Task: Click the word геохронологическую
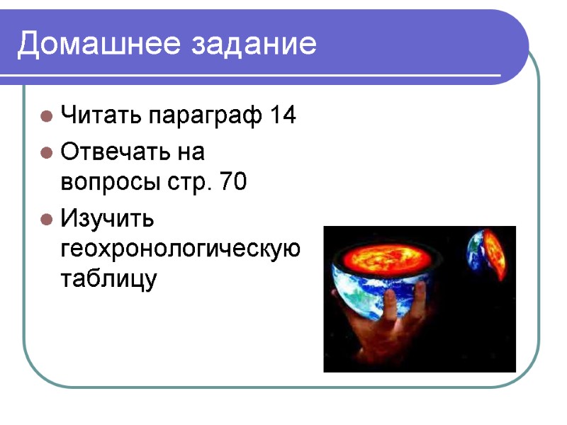181,249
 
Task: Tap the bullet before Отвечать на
46,152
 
